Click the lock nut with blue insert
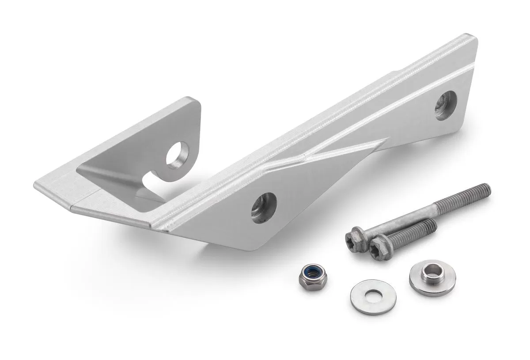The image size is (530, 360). pos(313,277)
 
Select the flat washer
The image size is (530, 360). pos(373,296)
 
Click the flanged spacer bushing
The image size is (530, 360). pos(432,278)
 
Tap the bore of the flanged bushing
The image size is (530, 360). pos(432,270)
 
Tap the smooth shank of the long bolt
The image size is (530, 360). pos(402,217)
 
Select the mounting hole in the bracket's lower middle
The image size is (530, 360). pos(264,208)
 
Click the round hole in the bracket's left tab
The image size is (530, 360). pos(178,155)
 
